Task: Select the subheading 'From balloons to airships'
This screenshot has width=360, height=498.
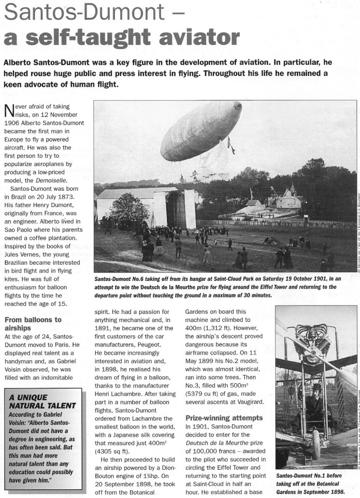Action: click(33, 324)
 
